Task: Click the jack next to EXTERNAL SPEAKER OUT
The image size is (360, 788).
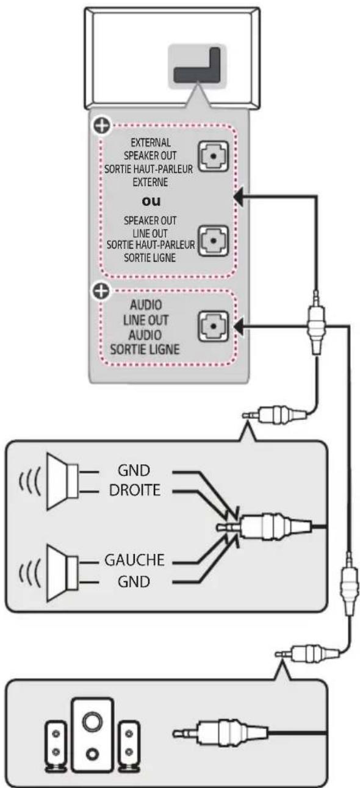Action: pyautogui.click(x=213, y=156)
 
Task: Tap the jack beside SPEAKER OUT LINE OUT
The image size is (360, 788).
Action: pyautogui.click(x=213, y=241)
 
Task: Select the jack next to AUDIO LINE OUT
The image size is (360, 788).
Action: pyautogui.click(x=213, y=326)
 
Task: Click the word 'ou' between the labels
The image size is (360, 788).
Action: pyautogui.click(x=151, y=201)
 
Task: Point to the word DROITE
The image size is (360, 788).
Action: pyautogui.click(x=135, y=490)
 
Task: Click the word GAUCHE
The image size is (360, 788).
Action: pyautogui.click(x=134, y=560)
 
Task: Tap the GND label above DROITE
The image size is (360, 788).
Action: pyautogui.click(x=134, y=470)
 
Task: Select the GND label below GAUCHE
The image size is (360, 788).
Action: pyautogui.click(x=134, y=581)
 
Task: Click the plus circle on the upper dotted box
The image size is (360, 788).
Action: pyautogui.click(x=102, y=126)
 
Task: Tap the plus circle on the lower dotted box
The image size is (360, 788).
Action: pyautogui.click(x=101, y=291)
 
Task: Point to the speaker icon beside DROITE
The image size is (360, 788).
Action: pyautogui.click(x=62, y=481)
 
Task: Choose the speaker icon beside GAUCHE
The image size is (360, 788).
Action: pyautogui.click(x=62, y=573)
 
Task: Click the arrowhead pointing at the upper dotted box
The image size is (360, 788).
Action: pyautogui.click(x=239, y=197)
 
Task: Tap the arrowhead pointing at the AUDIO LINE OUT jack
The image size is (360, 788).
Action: pyautogui.click(x=239, y=326)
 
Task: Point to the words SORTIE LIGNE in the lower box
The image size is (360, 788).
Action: pyautogui.click(x=145, y=349)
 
